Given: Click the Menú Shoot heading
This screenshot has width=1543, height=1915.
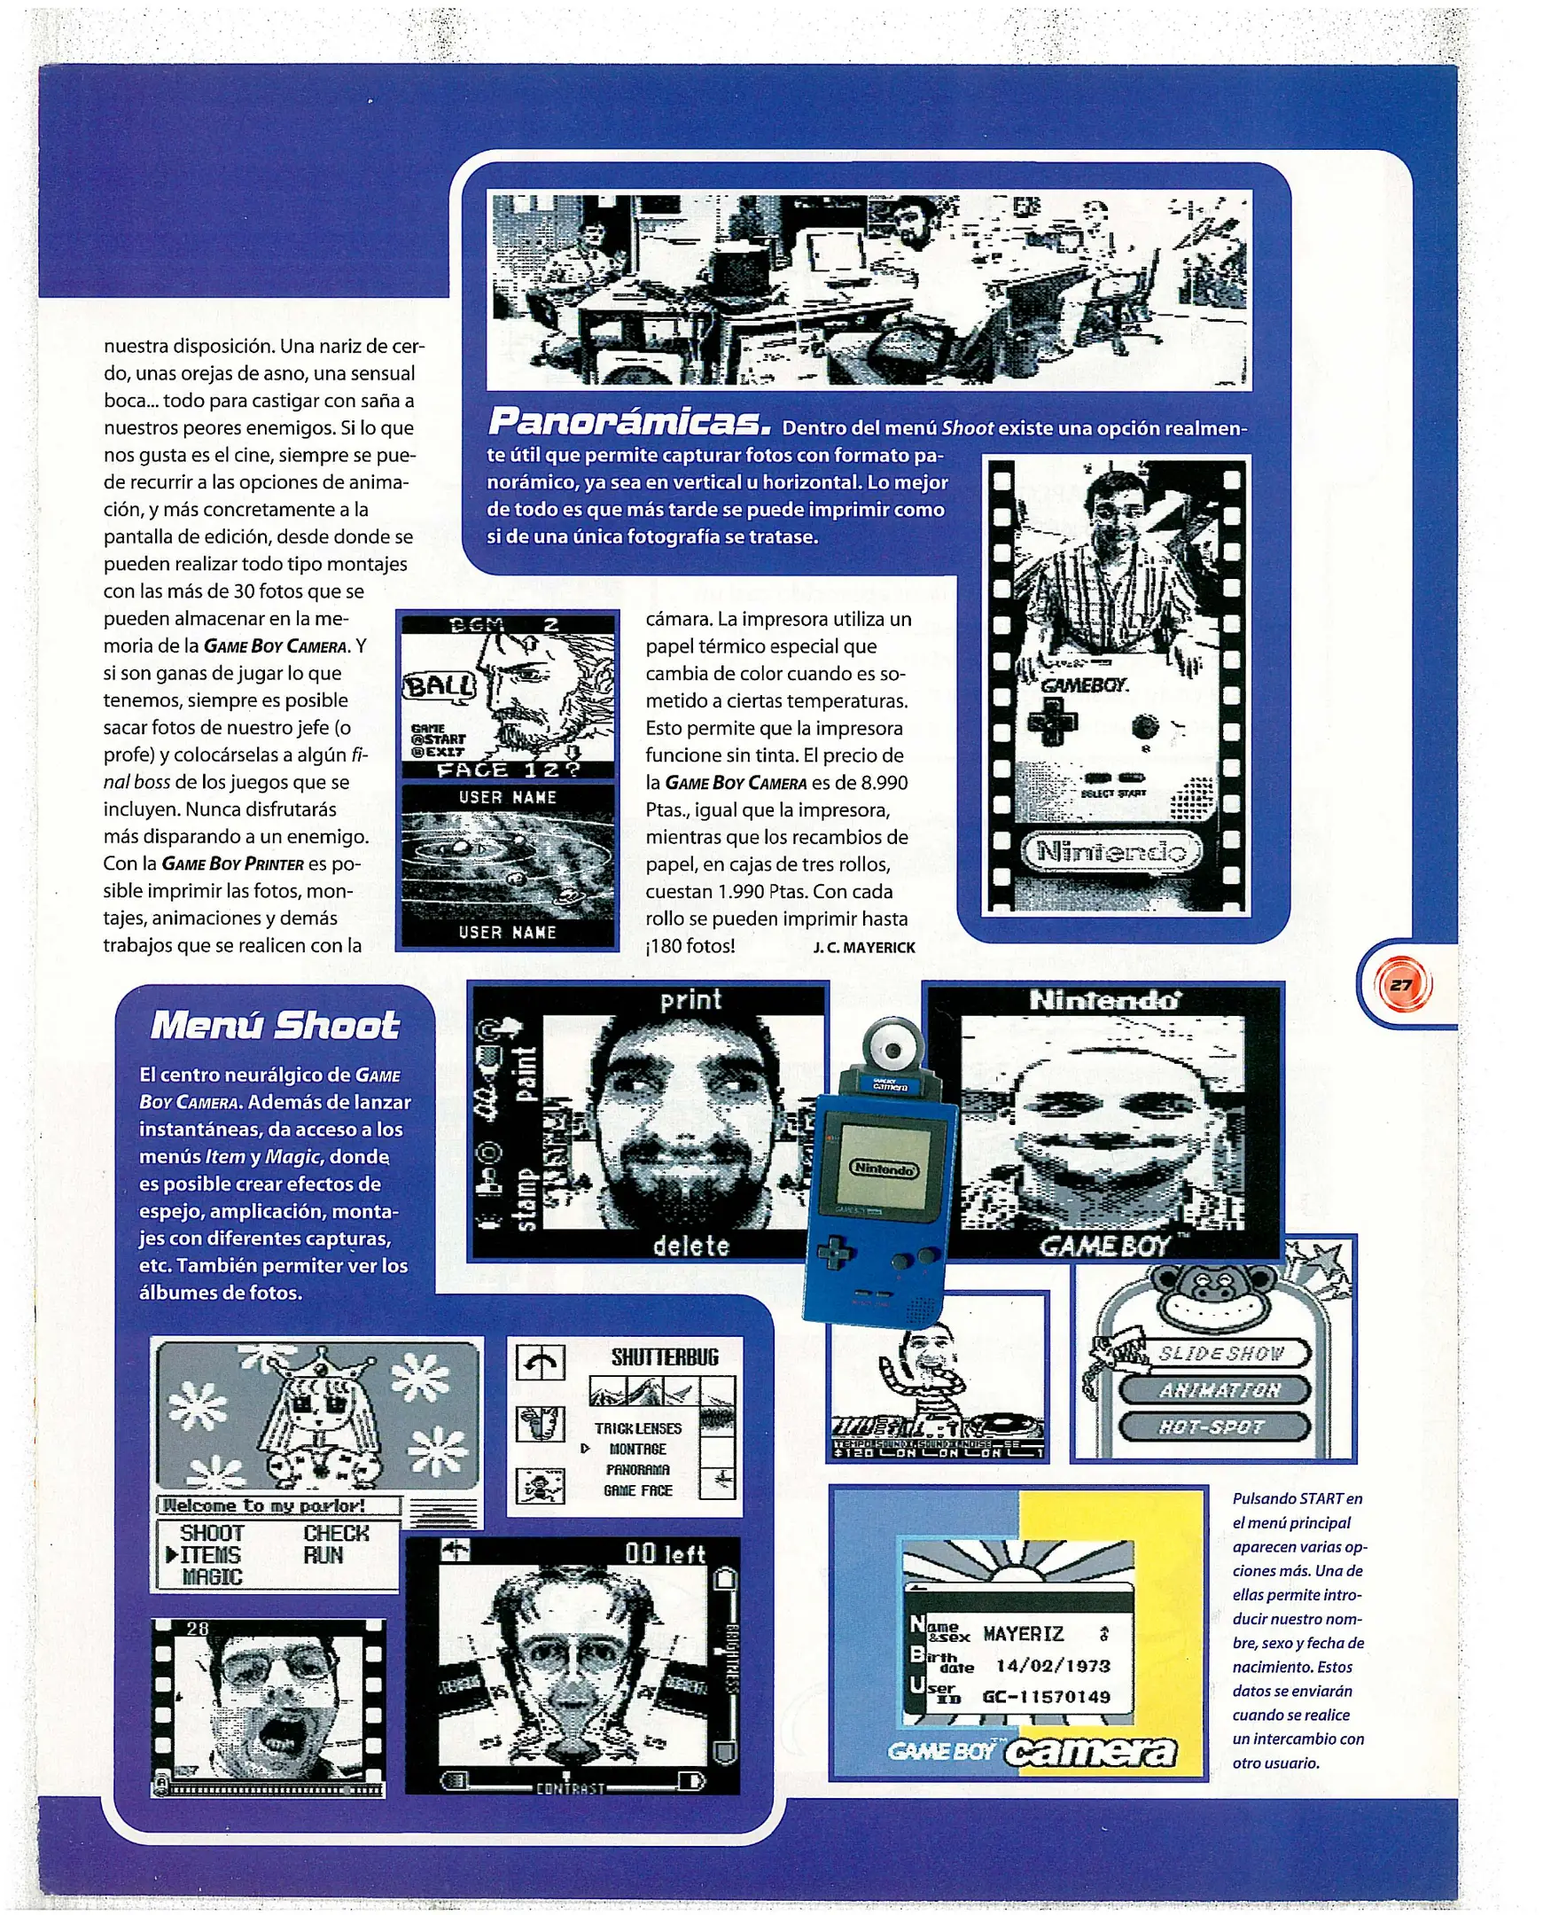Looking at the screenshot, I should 275,1025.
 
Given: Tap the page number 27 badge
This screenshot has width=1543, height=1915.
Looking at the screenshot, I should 1402,985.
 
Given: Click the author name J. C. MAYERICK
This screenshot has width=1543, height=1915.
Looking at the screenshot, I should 864,948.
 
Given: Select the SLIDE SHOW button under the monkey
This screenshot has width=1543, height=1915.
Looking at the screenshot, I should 1220,1354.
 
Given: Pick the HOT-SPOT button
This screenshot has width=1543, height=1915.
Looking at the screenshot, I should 1212,1426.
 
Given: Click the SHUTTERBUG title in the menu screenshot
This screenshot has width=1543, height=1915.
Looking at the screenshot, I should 665,1357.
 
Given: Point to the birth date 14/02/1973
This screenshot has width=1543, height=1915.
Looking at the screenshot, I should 1052,1666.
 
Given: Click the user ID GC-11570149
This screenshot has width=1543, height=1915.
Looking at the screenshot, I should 1046,1696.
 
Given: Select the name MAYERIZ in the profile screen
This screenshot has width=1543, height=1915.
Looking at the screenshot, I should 1023,1634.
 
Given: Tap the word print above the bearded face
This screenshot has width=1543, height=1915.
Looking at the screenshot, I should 690,1000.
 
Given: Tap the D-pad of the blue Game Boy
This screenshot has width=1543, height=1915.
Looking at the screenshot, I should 835,1255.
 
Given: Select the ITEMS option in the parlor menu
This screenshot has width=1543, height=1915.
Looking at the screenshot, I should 210,1555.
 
